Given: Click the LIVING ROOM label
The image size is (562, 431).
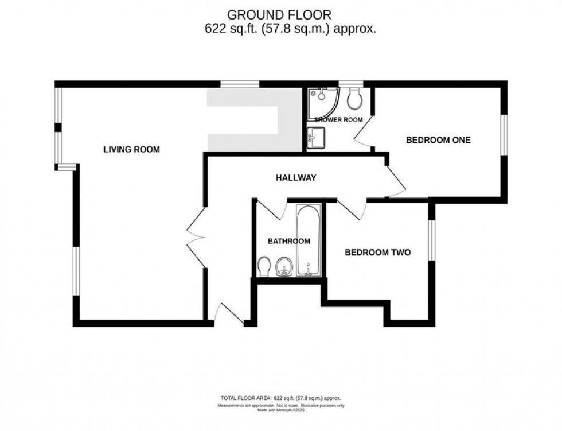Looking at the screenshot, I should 131,150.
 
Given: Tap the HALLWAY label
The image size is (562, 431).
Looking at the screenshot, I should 296,178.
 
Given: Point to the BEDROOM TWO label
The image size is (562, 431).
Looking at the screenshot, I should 377,252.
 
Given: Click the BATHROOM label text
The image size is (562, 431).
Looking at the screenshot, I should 290,241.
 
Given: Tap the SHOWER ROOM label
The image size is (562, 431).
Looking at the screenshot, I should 338,119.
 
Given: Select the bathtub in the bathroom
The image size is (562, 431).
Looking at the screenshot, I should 309,241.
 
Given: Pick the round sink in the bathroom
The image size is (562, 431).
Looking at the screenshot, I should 284,267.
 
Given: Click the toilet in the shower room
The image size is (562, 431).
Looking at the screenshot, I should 354,99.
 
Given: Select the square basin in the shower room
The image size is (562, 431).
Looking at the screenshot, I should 316,138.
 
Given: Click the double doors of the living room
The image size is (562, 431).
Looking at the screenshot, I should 195,235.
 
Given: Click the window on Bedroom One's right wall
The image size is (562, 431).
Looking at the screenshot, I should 503,135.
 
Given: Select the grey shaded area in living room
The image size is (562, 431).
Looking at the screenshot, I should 252,121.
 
